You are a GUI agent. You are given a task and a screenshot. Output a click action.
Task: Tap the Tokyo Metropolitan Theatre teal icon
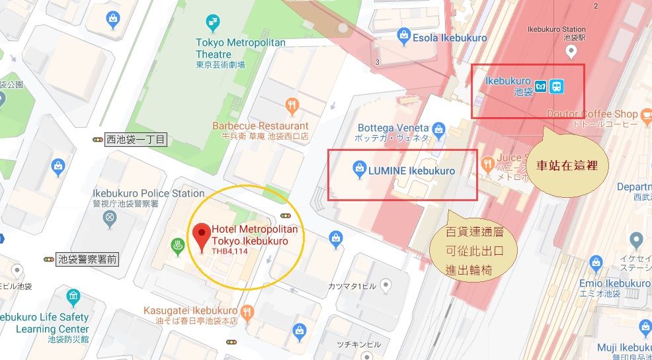click(x=212, y=23)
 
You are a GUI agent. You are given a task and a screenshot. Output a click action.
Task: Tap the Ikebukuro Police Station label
click(x=151, y=193)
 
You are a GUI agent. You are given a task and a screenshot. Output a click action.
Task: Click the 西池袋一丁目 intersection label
click(x=136, y=140)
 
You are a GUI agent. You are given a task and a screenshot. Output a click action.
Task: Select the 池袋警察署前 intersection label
click(x=87, y=259)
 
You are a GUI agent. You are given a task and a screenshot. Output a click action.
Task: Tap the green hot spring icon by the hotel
click(x=178, y=246)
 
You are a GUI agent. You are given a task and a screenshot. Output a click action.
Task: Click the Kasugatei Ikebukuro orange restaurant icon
click(x=247, y=310)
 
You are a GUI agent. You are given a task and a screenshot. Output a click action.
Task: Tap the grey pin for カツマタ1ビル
click(x=386, y=285)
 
